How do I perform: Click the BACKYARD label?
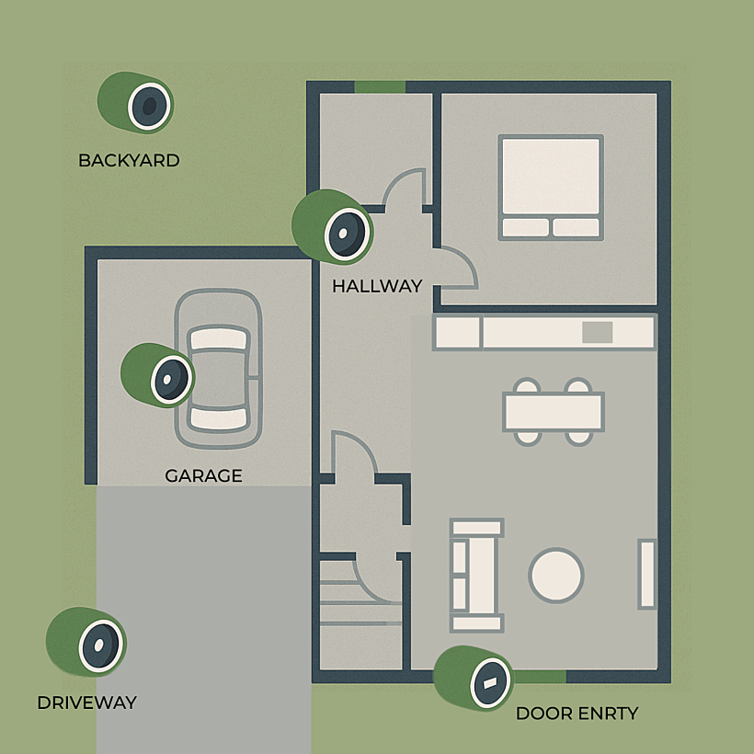coord(129,161)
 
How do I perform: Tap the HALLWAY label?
coord(377,287)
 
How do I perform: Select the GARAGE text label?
coord(203,476)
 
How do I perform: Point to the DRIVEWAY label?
coord(87,703)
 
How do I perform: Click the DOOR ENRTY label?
coord(577,714)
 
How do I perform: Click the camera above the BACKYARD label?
coord(135,102)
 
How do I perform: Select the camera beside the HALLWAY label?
coord(333,226)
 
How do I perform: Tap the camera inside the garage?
coord(158,375)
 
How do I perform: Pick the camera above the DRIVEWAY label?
coord(86,642)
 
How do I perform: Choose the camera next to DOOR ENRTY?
coord(474,678)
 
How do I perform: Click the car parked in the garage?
coord(218,369)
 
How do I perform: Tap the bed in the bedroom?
coord(551,188)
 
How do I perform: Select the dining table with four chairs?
coord(554,412)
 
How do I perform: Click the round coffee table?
coord(556,575)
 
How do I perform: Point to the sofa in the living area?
coord(476,575)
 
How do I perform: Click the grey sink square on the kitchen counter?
coord(598,332)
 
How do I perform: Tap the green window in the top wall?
coord(380,87)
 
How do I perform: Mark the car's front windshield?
coord(219,338)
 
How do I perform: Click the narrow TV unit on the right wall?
coord(647,574)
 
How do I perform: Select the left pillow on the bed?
coord(525,227)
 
